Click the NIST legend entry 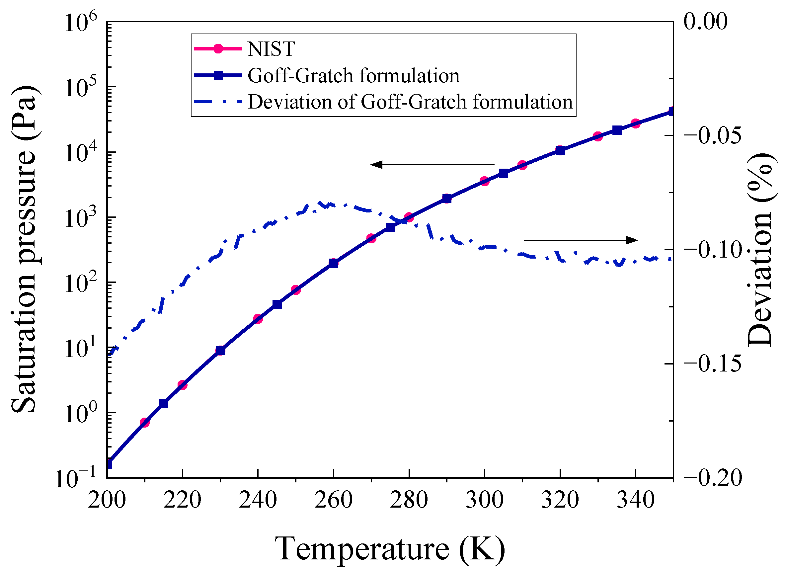pyautogui.click(x=271, y=48)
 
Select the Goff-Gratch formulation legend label pyautogui.click(x=353, y=75)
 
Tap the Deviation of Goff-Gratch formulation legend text pyautogui.click(x=410, y=102)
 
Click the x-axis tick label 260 pyautogui.click(x=333, y=500)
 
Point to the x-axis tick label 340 pyautogui.click(x=635, y=500)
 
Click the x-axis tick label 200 pyautogui.click(x=107, y=500)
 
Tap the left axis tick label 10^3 pyautogui.click(x=81, y=218)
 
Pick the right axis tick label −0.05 pyautogui.click(x=713, y=135)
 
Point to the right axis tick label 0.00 pyautogui.click(x=706, y=21)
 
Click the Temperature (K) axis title pyautogui.click(x=390, y=548)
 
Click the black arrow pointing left pyautogui.click(x=432, y=164)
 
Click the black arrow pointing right pyautogui.click(x=581, y=240)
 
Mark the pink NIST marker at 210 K pyautogui.click(x=144, y=423)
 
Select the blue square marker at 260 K pyautogui.click(x=333, y=264)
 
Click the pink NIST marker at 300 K pyautogui.click(x=485, y=181)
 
